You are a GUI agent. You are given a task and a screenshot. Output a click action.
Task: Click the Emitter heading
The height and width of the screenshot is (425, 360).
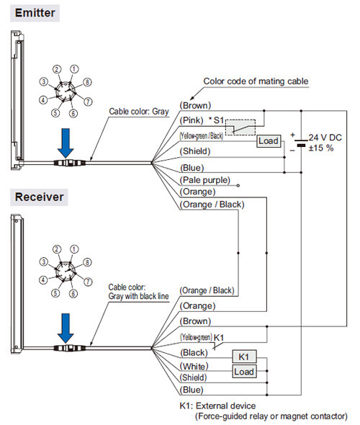pyautogui.click(x=35, y=13)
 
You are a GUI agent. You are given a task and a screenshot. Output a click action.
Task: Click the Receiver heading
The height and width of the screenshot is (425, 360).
pyautogui.click(x=40, y=197)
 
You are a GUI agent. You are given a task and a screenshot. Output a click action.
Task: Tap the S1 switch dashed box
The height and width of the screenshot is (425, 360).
pyautogui.click(x=240, y=127)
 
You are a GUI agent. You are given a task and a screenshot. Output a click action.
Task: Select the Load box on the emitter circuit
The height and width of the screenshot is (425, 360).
pyautogui.click(x=269, y=141)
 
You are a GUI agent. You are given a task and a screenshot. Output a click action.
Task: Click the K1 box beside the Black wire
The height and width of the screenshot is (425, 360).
pyautogui.click(x=244, y=357)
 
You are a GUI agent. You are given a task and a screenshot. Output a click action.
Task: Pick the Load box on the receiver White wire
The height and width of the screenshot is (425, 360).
pyautogui.click(x=244, y=372)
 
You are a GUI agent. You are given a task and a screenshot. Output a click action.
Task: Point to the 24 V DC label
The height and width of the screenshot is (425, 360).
pyautogui.click(x=325, y=138)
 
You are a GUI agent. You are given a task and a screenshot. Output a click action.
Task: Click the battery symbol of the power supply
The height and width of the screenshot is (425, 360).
pyautogui.click(x=301, y=143)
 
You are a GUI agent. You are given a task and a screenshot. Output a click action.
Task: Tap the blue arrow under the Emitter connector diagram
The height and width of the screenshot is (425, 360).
pyautogui.click(x=66, y=143)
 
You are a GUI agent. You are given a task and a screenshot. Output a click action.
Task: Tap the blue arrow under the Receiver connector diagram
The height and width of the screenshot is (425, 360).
pyautogui.click(x=66, y=328)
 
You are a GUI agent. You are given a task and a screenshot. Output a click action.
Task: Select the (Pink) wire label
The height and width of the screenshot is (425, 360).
pyautogui.click(x=192, y=120)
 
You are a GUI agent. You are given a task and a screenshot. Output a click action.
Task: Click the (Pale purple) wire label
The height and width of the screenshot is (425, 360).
pyautogui.click(x=205, y=180)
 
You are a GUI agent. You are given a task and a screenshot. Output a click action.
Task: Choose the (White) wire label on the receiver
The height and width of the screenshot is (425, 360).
pyautogui.click(x=194, y=367)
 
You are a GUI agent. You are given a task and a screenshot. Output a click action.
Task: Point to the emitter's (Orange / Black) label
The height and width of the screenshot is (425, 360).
pyautogui.click(x=212, y=205)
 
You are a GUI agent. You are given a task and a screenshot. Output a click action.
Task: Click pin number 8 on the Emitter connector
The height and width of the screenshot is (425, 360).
pyautogui.click(x=87, y=82)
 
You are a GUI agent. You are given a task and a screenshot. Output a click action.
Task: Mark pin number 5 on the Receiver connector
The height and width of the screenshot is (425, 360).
pyautogui.click(x=55, y=293)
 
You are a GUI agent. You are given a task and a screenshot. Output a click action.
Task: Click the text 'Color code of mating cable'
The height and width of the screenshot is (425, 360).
pyautogui.click(x=256, y=81)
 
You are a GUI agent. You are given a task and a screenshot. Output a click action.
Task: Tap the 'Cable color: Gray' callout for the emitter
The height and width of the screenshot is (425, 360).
pyautogui.click(x=139, y=112)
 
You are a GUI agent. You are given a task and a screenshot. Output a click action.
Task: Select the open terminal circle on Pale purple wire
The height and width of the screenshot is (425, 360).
pyautogui.click(x=238, y=186)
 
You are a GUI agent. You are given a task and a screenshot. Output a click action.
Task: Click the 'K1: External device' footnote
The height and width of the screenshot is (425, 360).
pyautogui.click(x=217, y=406)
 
